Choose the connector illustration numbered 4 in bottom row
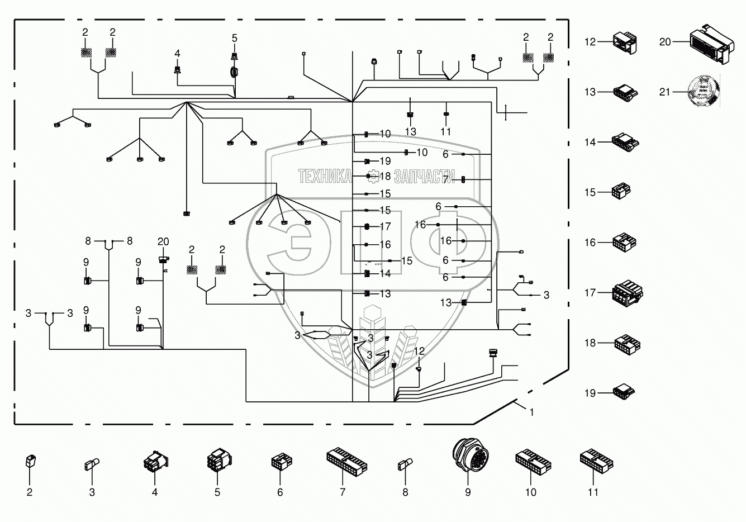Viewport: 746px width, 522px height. tap(155, 463)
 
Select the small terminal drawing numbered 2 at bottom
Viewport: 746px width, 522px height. tap(30, 462)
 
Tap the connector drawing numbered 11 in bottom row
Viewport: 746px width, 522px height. tap(596, 461)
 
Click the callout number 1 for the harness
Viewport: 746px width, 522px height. tap(531, 412)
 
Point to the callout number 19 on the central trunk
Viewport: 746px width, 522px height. tap(385, 161)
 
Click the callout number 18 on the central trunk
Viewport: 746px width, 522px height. tap(385, 176)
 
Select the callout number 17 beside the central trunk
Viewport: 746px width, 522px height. tap(385, 227)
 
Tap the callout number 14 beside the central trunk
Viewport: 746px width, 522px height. tap(385, 274)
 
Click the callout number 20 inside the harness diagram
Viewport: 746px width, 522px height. tap(163, 241)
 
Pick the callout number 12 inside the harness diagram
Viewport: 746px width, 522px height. tap(420, 350)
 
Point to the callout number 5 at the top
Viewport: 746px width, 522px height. tap(235, 38)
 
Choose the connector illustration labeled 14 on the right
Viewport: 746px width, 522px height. tap(626, 142)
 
